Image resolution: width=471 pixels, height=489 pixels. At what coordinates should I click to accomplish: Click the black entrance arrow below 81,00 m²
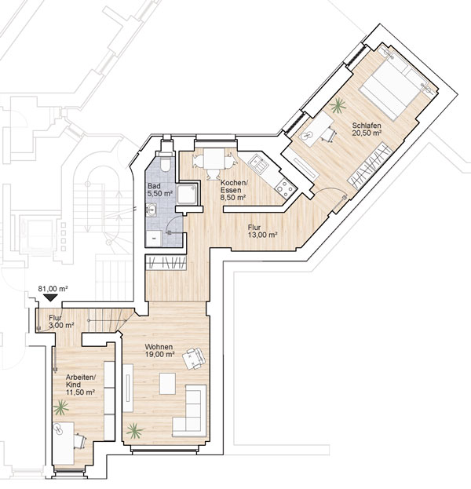(x=50, y=297)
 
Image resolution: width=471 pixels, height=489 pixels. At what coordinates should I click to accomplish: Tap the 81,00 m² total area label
(x=53, y=289)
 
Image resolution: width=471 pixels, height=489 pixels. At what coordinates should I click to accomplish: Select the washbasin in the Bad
(x=152, y=210)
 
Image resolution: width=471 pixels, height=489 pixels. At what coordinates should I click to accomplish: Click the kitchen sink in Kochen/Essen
(x=258, y=164)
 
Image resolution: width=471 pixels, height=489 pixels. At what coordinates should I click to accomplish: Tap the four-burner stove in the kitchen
(x=285, y=188)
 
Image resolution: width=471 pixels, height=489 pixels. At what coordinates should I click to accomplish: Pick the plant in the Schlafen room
(x=338, y=105)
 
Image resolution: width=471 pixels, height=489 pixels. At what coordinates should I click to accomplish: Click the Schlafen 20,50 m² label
(x=367, y=129)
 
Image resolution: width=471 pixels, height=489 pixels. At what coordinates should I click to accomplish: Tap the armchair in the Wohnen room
(x=194, y=359)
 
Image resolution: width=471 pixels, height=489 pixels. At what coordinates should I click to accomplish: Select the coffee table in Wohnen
(x=167, y=384)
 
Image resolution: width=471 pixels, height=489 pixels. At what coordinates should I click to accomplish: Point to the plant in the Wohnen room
(x=135, y=431)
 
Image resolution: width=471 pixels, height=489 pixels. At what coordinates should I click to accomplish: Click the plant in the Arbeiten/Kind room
(x=60, y=407)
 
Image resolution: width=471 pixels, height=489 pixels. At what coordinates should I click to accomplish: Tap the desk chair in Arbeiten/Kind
(x=80, y=441)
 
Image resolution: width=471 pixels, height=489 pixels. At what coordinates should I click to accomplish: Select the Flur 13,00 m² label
(x=263, y=231)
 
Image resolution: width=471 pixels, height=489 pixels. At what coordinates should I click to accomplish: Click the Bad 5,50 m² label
(x=160, y=190)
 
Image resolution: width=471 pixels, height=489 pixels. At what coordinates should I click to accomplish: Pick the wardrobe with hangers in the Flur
(x=166, y=262)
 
